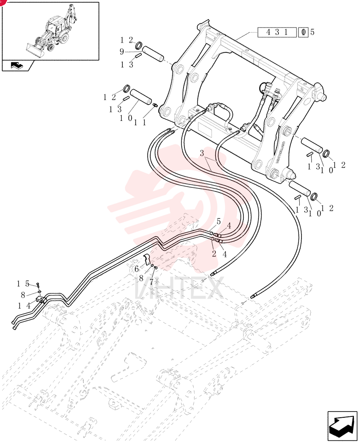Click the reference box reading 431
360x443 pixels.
click(x=277, y=32)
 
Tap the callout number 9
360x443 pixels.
click(x=121, y=52)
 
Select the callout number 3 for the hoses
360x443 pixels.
click(x=202, y=153)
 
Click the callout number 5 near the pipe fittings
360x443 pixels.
click(x=218, y=221)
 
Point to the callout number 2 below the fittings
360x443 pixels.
click(x=214, y=253)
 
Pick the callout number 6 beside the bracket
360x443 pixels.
click(x=137, y=269)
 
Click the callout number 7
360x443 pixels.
click(x=151, y=282)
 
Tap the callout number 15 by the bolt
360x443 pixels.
click(x=23, y=284)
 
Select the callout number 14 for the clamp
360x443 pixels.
click(x=24, y=306)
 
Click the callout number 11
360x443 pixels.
click(x=140, y=122)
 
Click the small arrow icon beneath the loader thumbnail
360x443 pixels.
click(x=17, y=66)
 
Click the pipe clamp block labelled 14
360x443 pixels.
click(x=41, y=300)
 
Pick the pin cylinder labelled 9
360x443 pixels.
click(x=153, y=54)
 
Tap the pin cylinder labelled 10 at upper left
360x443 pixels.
click(x=141, y=97)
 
